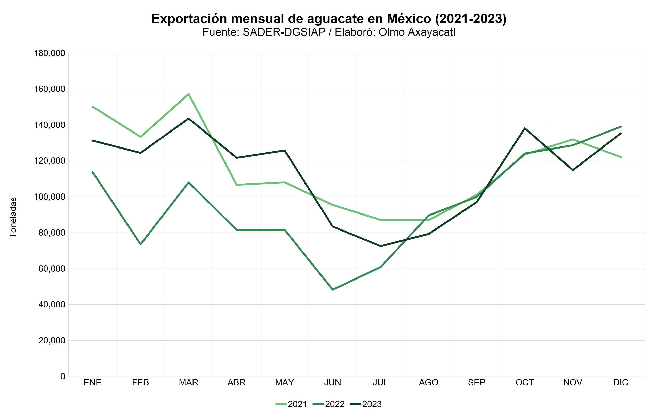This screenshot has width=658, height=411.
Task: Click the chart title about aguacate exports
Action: (329, 19)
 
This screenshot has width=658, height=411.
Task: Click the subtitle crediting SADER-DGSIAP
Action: (329, 32)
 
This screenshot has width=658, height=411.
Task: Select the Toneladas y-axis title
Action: (13, 218)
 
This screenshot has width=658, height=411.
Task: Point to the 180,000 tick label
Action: (50, 53)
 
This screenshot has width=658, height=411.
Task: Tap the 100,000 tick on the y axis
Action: (50, 197)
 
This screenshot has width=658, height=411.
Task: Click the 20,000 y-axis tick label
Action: (52, 340)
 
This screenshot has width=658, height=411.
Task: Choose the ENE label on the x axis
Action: (92, 383)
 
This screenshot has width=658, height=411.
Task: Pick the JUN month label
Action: (332, 383)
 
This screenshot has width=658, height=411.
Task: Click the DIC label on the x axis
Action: (621, 383)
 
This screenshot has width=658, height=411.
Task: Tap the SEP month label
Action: (477, 383)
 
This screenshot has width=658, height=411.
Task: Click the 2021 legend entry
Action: (292, 404)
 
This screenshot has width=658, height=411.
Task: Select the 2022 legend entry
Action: (329, 404)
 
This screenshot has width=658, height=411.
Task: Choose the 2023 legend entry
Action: (366, 404)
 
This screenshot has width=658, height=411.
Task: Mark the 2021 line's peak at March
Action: (189, 94)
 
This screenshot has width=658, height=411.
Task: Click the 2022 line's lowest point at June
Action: (333, 290)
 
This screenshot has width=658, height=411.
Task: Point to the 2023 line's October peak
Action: (525, 128)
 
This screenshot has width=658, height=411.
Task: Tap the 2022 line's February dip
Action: (141, 244)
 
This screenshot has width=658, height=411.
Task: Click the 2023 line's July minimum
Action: (381, 246)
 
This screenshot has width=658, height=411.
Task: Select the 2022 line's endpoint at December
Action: (621, 127)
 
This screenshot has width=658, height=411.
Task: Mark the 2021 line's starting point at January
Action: (93, 107)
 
